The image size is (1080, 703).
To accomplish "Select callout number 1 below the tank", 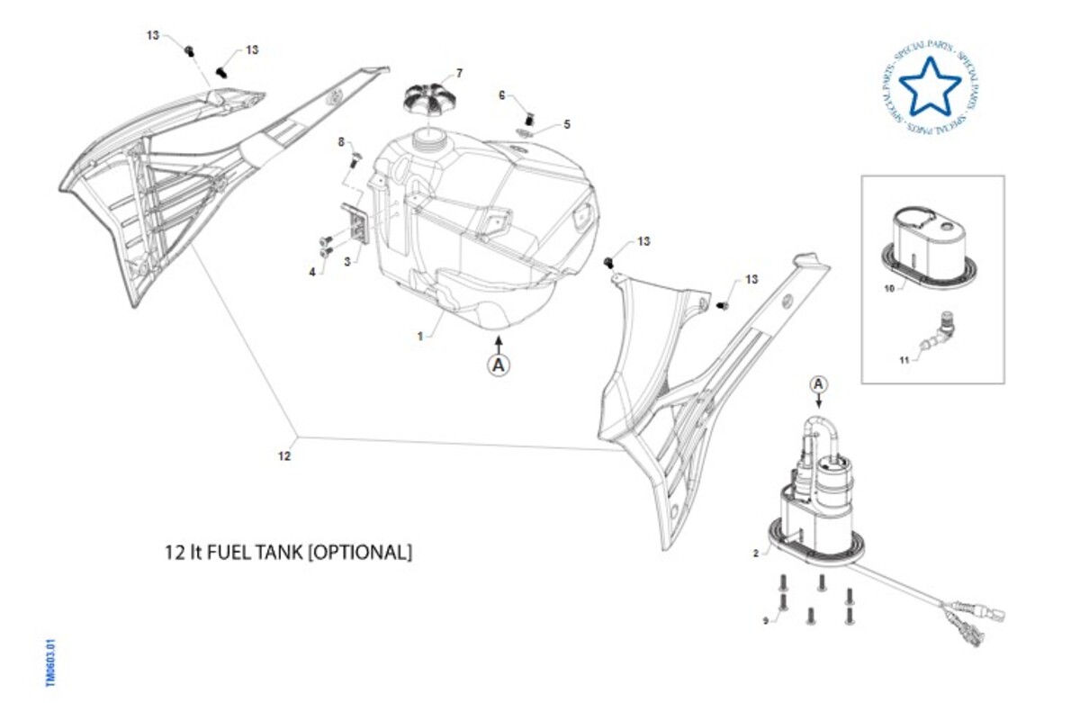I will click(419, 336).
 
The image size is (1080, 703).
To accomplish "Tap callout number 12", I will click(284, 456).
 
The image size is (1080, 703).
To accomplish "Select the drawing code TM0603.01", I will click(51, 663).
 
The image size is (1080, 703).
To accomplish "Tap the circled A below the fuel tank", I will click(499, 365).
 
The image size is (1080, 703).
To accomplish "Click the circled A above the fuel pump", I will click(818, 384).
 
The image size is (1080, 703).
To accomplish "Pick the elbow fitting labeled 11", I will click(940, 334).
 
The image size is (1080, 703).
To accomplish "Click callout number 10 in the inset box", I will click(888, 289).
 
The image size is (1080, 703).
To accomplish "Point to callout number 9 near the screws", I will click(766, 620).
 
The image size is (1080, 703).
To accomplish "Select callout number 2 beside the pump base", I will click(755, 554).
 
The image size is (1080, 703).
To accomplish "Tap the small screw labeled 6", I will click(530, 117).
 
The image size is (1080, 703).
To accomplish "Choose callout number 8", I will click(341, 141).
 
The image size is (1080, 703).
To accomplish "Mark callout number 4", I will click(312, 271).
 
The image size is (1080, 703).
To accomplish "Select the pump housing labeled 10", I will click(927, 232).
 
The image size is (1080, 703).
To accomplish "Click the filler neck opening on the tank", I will click(426, 138).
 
